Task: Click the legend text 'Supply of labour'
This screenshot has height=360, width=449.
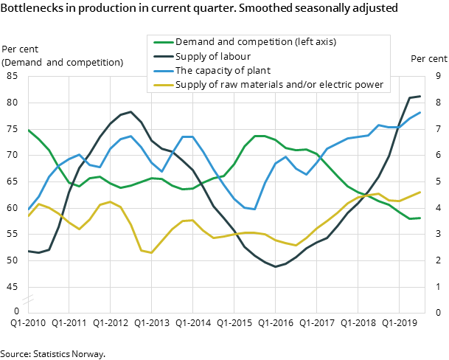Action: (x=212, y=57)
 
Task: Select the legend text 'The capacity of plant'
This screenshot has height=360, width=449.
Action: (x=223, y=71)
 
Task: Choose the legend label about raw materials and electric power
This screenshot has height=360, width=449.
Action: (x=279, y=85)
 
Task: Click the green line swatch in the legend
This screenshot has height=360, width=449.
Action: (x=161, y=42)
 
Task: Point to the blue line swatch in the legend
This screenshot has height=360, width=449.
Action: (x=161, y=71)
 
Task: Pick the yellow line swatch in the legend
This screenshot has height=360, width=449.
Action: (x=161, y=85)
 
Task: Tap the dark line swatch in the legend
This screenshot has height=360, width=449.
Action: (x=161, y=57)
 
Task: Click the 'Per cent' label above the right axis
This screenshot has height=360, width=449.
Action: (x=428, y=59)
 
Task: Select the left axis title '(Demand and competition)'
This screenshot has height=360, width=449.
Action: (x=63, y=62)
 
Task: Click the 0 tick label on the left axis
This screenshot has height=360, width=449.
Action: (x=15, y=312)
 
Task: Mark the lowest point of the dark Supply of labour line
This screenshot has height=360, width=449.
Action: (x=276, y=266)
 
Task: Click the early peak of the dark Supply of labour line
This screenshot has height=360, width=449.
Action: (x=130, y=112)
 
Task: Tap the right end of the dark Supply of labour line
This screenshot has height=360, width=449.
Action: (x=420, y=96)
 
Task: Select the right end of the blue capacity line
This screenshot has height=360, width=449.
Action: (x=420, y=113)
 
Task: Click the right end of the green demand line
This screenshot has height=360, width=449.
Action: (x=420, y=218)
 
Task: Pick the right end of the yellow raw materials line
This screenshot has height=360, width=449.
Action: (x=420, y=192)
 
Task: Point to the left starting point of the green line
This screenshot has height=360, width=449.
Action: (x=28, y=130)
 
